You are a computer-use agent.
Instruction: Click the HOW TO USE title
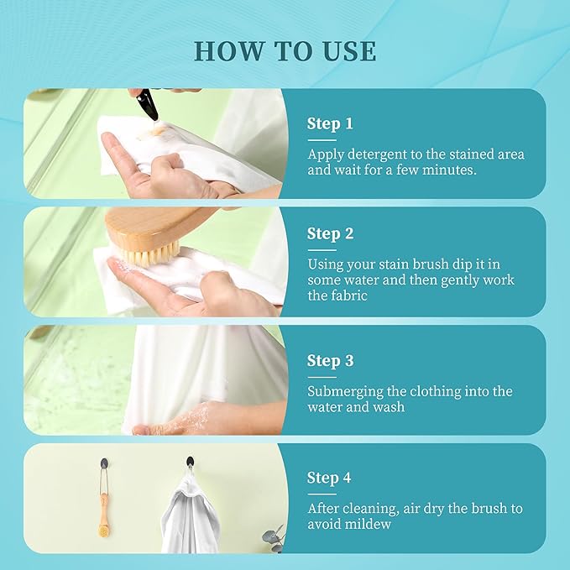click(285, 50)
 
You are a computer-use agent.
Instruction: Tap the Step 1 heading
click(330, 123)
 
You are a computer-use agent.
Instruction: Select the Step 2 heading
click(330, 233)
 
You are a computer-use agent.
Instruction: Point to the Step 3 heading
click(330, 361)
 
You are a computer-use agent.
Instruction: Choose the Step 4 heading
click(329, 478)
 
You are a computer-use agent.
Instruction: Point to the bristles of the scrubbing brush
click(149, 255)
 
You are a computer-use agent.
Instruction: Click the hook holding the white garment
click(190, 462)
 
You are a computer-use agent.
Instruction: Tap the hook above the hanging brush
click(104, 463)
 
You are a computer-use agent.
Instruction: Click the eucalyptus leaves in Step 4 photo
click(275, 538)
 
